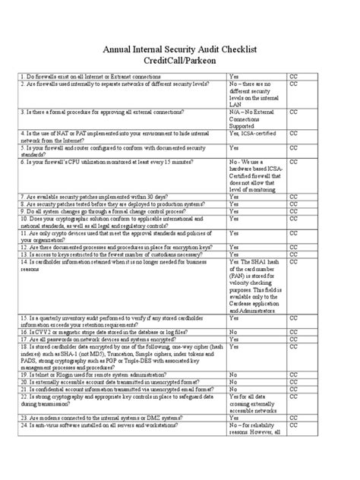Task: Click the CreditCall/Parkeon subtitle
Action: (180, 62)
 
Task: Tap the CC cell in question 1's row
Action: (294, 77)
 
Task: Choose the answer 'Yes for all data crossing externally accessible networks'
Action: (254, 403)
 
